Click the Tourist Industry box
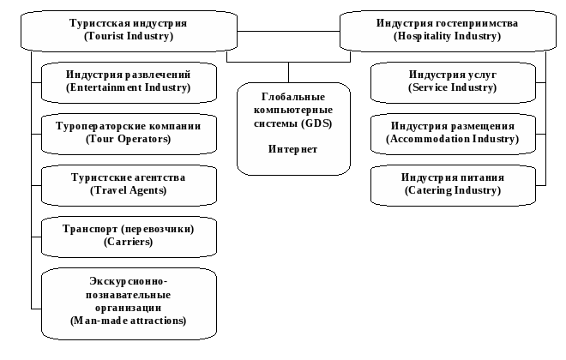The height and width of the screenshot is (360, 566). tap(129, 30)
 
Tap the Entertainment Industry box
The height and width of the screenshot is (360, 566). tap(129, 81)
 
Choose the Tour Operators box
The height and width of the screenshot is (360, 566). tap(129, 132)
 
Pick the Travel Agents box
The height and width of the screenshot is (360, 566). tap(129, 183)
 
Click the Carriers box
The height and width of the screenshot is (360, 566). tap(129, 235)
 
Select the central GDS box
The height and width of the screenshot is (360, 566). tap(293, 129)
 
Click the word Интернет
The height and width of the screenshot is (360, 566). tap(292, 149)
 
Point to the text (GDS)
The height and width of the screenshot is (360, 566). tap(316, 123)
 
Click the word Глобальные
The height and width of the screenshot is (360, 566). tap(292, 97)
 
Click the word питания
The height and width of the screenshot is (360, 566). tap(481, 177)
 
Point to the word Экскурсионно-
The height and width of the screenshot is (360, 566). tap(129, 281)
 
